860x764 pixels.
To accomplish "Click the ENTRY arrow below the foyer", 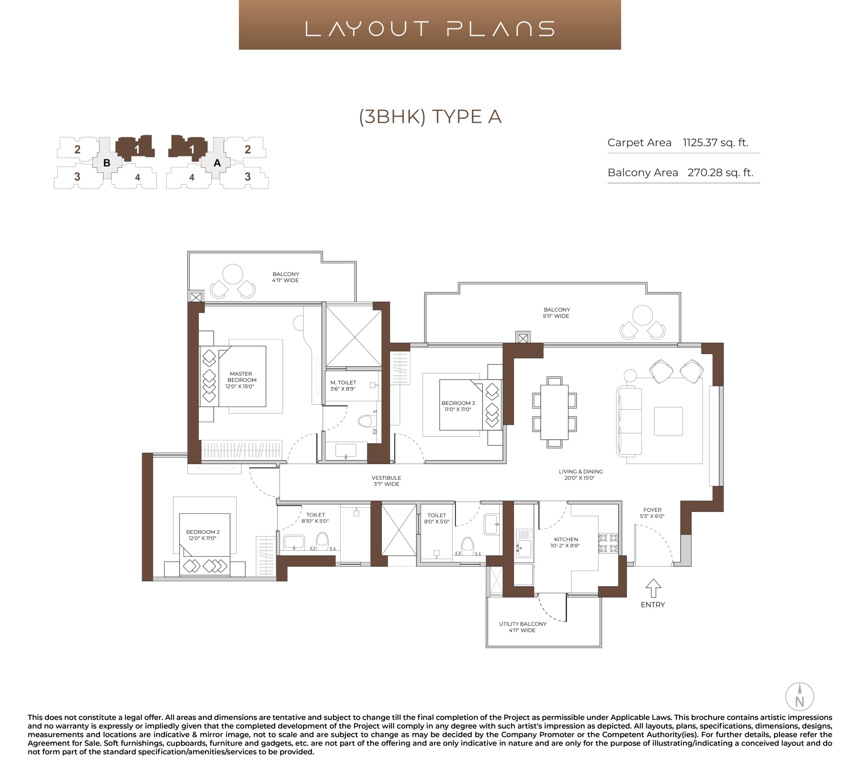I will coord(653,588).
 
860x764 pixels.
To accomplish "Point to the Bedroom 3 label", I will coord(458,406).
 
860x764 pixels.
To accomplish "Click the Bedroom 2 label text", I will coord(203,535).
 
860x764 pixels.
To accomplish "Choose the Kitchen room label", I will coord(565,542).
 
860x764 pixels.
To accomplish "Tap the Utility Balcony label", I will coord(523,627).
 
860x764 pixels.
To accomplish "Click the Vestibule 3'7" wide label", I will coord(386,481).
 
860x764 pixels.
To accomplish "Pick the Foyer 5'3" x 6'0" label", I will coord(652,513).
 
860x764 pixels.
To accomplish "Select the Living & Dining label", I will coord(580,475).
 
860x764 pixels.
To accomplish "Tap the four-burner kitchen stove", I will coord(608,543).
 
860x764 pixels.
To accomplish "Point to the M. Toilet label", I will coord(343,386).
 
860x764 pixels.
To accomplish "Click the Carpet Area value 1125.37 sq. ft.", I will coord(715,143).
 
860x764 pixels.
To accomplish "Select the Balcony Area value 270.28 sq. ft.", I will coord(720,173).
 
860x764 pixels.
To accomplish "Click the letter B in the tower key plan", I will coord(107,163).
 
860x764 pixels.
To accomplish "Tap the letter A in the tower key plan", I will coord(217,163).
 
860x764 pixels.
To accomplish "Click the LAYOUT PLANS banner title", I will coord(430,29).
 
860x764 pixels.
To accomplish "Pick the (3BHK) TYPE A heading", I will coord(430,117).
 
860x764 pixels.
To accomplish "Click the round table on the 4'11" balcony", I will coord(233,274).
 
